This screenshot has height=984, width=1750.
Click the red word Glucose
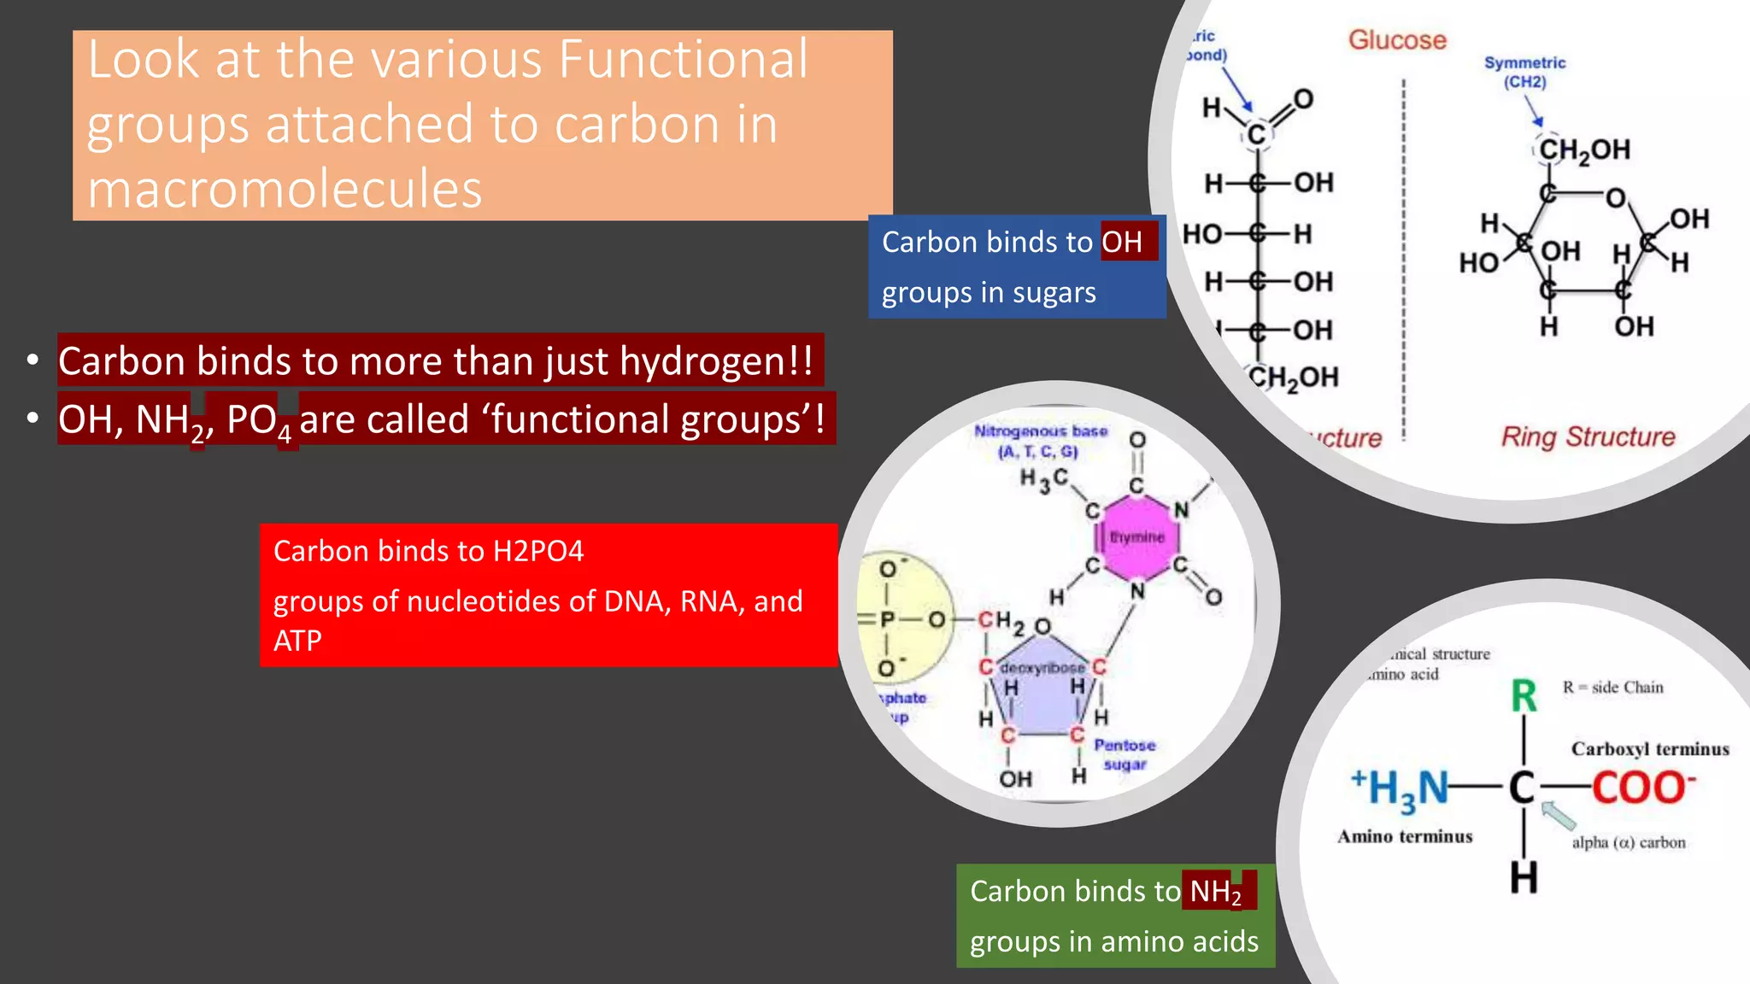tap(1397, 40)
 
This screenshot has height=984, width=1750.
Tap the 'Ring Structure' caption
tap(1588, 437)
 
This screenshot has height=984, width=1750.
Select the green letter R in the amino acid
tap(1524, 696)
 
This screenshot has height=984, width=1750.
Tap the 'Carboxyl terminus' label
tap(1649, 749)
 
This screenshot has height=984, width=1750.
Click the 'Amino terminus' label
tap(1405, 837)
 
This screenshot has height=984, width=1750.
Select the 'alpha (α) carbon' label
tap(1628, 843)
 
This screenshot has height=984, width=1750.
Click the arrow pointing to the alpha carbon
tap(1559, 815)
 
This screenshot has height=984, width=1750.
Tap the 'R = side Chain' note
tap(1612, 688)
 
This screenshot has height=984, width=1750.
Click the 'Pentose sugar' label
tap(1125, 755)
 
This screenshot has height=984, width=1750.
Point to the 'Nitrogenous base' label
tap(1040, 441)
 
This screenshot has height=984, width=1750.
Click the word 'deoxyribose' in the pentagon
tap(1042, 668)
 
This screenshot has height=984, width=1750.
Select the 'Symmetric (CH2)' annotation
tap(1524, 73)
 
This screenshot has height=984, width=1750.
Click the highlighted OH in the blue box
tap(1122, 243)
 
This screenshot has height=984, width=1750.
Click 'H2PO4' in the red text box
tap(538, 552)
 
